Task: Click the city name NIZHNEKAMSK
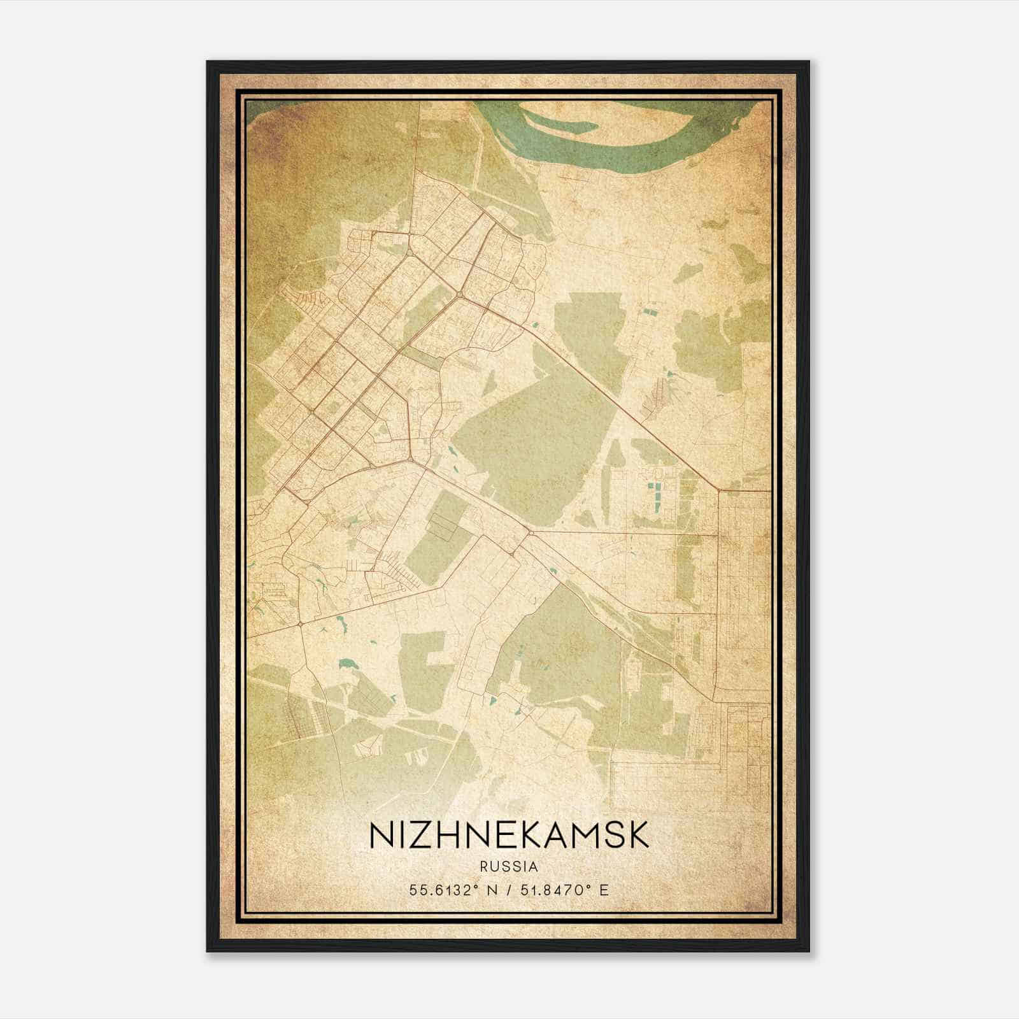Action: tap(509, 835)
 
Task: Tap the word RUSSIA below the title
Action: tap(509, 867)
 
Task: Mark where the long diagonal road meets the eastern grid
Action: tap(719, 490)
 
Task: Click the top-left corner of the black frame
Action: tap(208, 62)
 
